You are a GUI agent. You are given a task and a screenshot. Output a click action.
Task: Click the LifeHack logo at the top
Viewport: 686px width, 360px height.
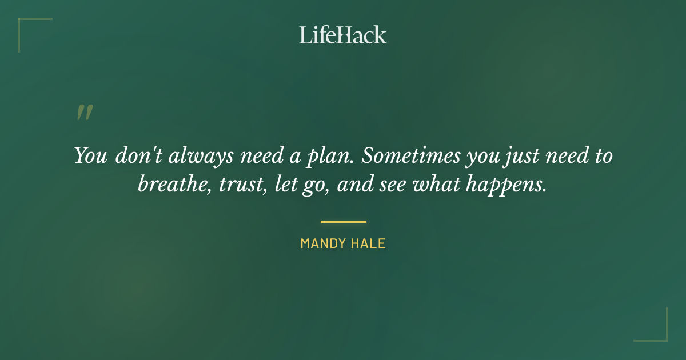click(343, 35)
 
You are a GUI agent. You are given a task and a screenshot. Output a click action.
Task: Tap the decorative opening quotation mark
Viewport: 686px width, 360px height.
click(84, 113)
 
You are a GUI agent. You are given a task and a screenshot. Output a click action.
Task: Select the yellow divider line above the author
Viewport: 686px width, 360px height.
click(343, 222)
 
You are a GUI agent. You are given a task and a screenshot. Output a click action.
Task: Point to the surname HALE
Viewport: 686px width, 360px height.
click(369, 244)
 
